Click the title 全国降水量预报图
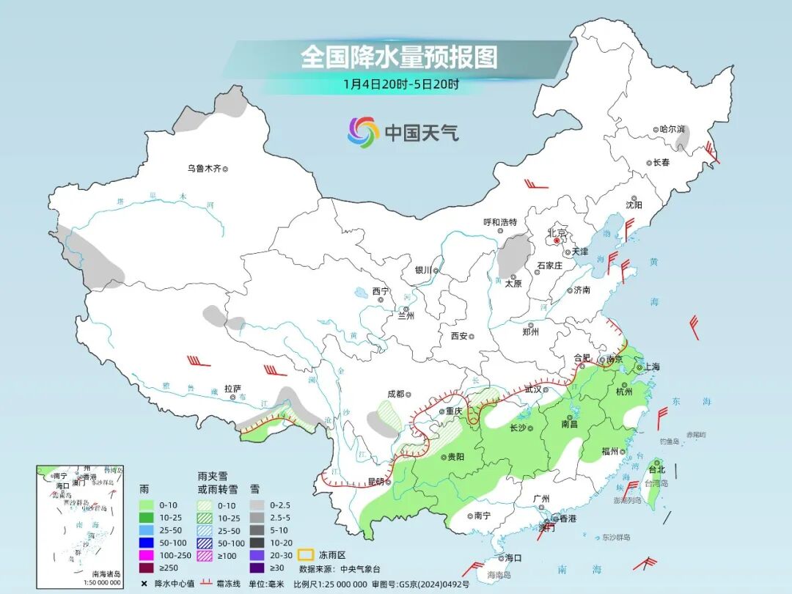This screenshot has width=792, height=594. (398, 57)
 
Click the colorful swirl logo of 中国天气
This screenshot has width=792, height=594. (363, 132)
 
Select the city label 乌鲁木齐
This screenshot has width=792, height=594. (203, 169)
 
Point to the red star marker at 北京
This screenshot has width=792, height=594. (557, 240)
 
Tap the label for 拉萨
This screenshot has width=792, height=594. (232, 389)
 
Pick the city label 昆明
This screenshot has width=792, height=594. (375, 482)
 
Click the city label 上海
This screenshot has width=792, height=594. (649, 367)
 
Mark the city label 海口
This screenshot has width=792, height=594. (513, 558)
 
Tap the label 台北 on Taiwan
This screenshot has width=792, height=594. (656, 469)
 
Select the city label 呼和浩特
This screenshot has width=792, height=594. (500, 222)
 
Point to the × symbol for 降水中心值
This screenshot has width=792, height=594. (144, 583)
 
